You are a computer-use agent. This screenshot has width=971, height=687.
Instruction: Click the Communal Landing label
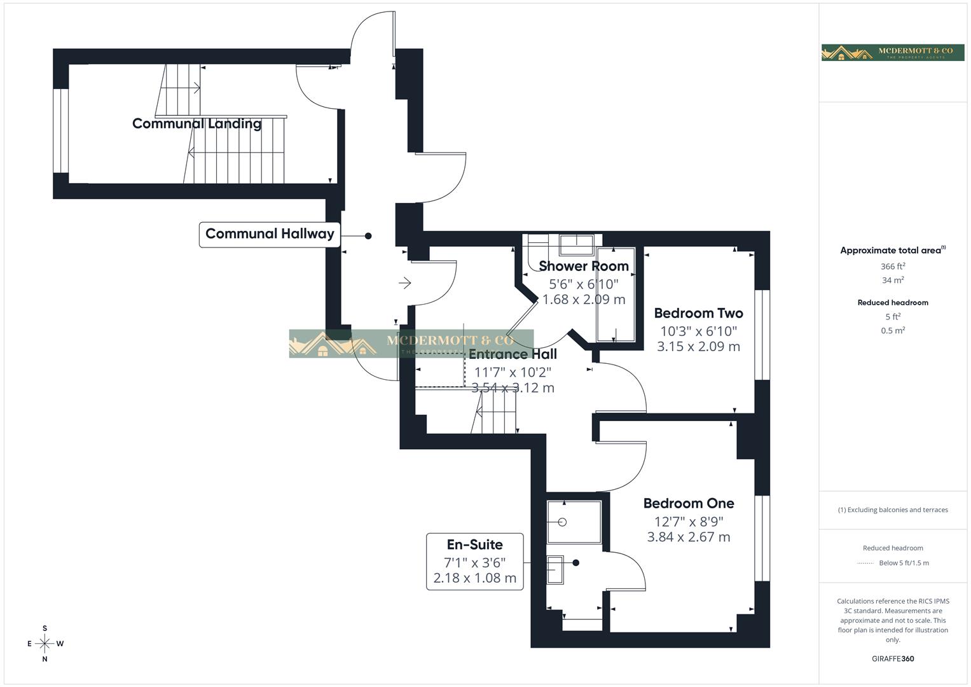[196, 123]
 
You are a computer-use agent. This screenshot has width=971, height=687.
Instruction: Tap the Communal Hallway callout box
[270, 234]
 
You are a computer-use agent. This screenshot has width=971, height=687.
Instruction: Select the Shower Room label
[583, 266]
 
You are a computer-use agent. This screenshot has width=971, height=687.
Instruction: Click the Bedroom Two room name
[698, 313]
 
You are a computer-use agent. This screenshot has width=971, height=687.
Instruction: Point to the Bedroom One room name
[688, 503]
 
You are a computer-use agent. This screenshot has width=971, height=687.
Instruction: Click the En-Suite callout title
[474, 545]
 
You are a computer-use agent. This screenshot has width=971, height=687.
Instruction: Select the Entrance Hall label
[513, 354]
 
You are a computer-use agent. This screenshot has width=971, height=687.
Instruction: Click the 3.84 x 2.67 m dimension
[688, 537]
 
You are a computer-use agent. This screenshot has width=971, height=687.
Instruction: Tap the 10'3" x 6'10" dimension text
[698, 331]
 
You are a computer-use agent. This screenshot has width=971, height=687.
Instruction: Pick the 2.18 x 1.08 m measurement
[474, 578]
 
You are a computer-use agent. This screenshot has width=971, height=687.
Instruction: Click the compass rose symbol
[45, 644]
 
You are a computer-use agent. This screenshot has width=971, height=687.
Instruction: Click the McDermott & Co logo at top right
[892, 52]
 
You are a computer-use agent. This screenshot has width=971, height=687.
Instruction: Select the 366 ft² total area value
[892, 267]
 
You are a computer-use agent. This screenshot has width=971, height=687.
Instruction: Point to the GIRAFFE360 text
[892, 658]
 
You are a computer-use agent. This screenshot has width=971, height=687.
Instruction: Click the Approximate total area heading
[892, 251]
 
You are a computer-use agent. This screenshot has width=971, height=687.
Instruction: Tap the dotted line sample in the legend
[865, 563]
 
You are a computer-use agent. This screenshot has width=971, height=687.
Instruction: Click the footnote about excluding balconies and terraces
[892, 510]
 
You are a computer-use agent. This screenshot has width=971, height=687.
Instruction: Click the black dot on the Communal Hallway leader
[368, 236]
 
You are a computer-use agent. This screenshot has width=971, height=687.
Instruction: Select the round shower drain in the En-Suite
[562, 522]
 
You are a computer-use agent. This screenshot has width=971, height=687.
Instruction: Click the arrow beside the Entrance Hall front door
[404, 282]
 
